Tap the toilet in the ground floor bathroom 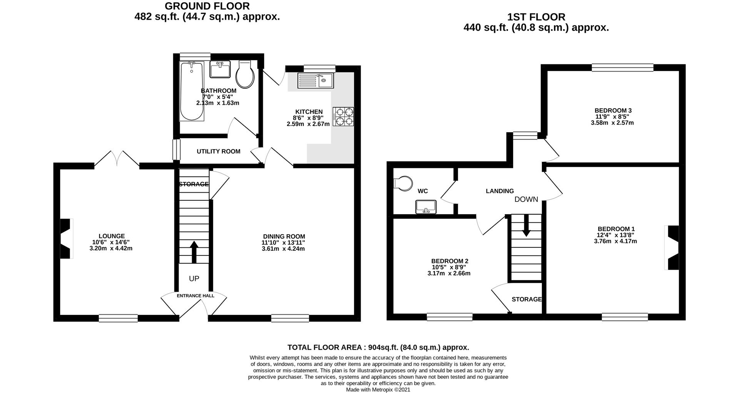point(245,74)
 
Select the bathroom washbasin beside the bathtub point(220,69)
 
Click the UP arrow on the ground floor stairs point(194,252)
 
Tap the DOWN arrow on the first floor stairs point(526,225)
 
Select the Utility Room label point(218,151)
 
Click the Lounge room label point(112,236)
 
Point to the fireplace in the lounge point(66,238)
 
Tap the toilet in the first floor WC point(403,183)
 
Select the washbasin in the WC point(426,207)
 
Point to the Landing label point(500,191)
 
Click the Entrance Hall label point(196,296)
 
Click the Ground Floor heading point(207,6)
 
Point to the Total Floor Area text point(378,347)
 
